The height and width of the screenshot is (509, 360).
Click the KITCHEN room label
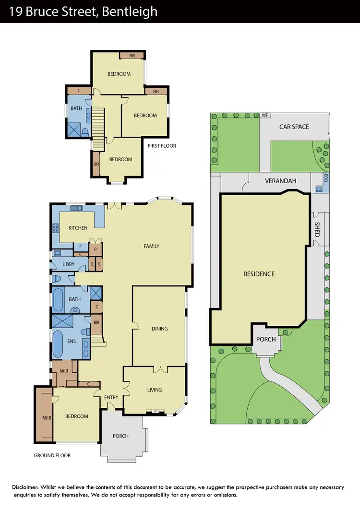78,228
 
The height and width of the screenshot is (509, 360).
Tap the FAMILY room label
151,246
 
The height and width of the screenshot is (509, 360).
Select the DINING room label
159,329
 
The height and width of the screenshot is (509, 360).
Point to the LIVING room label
155,390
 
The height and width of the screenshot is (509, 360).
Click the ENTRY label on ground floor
111,397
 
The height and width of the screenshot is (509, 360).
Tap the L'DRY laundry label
69,264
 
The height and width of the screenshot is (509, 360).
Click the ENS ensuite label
72,342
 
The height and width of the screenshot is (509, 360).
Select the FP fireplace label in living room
155,411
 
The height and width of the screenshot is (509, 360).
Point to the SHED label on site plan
317,229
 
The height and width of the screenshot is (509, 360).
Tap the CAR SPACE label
294,127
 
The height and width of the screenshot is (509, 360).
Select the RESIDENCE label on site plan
259,274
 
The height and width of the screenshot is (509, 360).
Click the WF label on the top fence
264,115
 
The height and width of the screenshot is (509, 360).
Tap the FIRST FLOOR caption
163,145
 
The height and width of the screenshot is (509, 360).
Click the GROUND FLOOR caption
52,455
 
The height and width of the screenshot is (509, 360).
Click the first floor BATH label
76,109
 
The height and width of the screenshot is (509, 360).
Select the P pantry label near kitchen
96,249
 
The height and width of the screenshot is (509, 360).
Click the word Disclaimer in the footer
28,487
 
